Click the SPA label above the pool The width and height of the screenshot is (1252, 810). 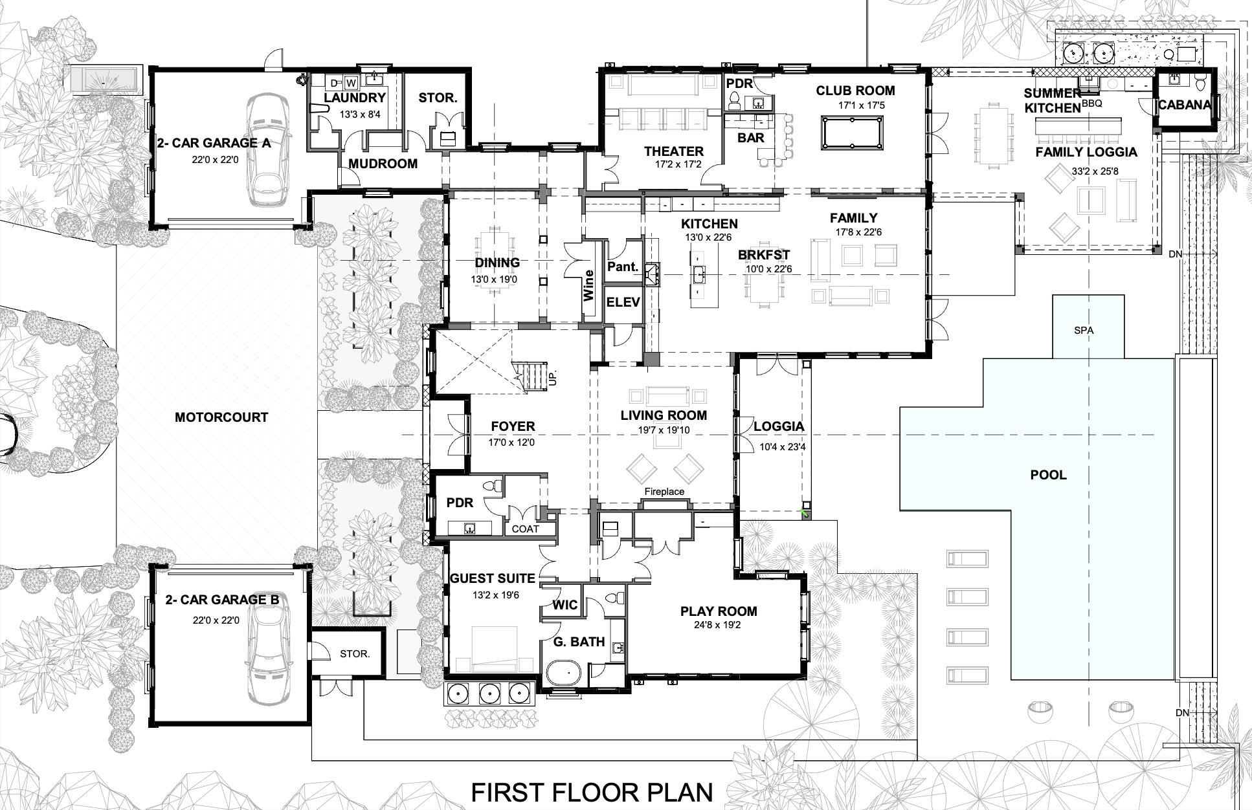[x=1084, y=330]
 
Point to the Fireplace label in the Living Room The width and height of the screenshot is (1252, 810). [x=664, y=492]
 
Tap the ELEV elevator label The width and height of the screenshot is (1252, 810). [x=623, y=302]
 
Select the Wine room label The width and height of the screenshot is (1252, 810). [x=588, y=285]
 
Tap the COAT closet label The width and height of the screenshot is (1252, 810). [x=525, y=529]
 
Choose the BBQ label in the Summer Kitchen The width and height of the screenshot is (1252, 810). [x=1091, y=103]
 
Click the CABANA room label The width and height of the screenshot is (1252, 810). [x=1184, y=104]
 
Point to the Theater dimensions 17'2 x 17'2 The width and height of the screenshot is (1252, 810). [x=673, y=164]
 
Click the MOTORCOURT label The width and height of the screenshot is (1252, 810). [x=221, y=417]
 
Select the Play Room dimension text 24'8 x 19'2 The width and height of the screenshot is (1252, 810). [x=718, y=625]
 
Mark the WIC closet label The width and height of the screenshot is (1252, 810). [x=565, y=605]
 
